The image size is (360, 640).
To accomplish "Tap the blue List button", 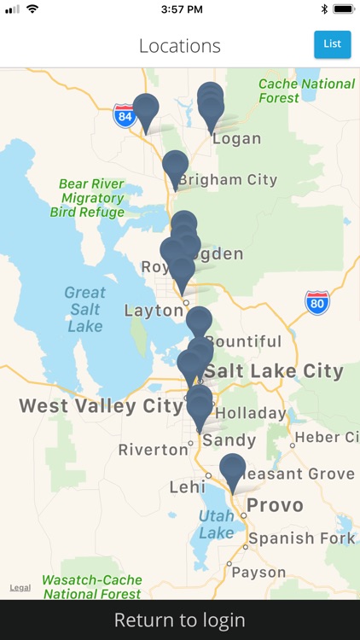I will point(332,44).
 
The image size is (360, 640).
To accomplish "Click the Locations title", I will point(180,46).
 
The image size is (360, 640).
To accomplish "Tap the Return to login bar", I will point(180,620).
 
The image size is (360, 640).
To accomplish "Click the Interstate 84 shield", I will point(125,115).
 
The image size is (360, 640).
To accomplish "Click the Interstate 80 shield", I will point(317,302).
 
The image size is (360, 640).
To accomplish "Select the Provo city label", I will point(275,505).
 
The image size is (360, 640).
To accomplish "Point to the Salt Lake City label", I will point(274,371).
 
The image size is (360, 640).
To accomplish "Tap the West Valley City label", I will point(101,405).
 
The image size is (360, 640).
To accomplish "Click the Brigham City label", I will point(228,180).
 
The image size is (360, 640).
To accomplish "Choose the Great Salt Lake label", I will point(84,309).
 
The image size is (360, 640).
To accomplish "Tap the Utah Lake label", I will point(216,524).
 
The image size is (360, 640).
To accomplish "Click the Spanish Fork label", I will point(301,538).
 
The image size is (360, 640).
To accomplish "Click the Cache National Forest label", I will point(306,90).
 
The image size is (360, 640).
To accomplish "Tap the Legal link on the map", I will point(20,588).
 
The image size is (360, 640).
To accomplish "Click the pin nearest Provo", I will point(232,469).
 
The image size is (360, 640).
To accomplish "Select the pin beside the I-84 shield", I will point(146,109).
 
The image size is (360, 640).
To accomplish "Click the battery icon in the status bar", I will point(343,9).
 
